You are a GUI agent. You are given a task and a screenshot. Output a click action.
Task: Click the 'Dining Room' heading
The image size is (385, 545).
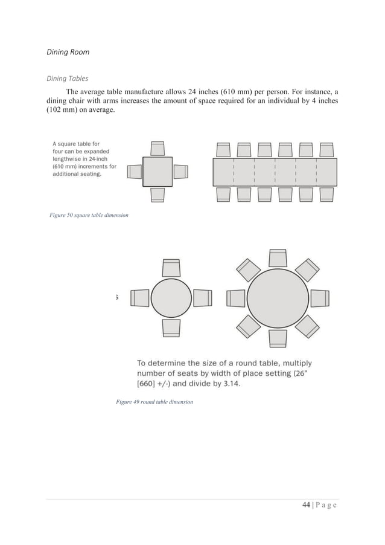(68, 52)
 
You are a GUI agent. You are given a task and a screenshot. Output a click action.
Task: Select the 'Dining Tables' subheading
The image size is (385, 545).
(68, 79)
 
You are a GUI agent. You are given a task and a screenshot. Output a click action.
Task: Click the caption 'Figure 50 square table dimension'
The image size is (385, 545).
(89, 215)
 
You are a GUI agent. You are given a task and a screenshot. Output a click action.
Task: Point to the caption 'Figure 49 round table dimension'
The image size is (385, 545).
(154, 401)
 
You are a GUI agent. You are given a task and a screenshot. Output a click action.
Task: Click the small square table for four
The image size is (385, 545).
(157, 172)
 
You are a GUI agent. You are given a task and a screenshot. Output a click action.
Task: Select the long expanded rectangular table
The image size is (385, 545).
(275, 172)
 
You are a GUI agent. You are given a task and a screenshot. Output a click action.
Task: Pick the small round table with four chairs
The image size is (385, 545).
(171, 298)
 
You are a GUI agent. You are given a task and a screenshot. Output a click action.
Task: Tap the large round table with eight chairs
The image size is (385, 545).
(278, 298)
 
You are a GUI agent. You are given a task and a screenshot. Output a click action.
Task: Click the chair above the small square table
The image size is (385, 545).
(157, 149)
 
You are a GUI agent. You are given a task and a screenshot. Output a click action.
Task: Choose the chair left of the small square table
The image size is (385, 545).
(134, 172)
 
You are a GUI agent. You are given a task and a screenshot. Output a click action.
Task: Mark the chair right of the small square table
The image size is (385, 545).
(181, 172)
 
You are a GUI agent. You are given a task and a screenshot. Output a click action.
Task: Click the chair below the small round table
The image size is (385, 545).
(171, 328)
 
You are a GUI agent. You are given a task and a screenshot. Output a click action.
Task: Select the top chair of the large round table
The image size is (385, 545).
(278, 258)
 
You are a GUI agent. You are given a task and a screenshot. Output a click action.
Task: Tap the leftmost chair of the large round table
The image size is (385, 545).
(236, 298)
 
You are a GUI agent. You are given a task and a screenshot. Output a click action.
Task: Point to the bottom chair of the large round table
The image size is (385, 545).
(278, 338)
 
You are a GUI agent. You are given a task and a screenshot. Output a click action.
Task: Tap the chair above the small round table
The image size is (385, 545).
(171, 268)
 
